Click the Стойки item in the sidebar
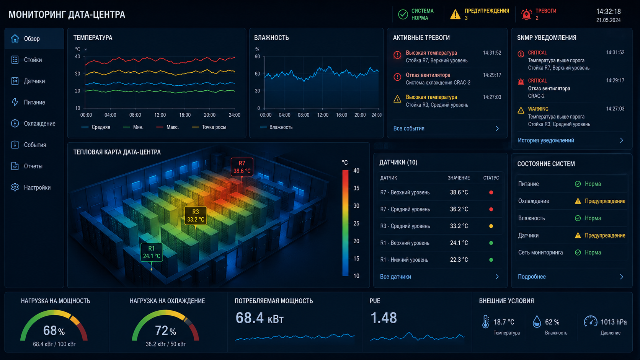33,60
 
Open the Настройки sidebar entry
37,187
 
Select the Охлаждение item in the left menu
39,124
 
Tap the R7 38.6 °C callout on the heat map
242,167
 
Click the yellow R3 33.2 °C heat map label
196,215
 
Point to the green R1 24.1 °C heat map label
152,252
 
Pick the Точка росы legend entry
209,127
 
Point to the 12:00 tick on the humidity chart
323,115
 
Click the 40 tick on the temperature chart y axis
77,57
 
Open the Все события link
409,129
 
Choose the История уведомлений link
546,140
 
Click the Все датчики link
395,277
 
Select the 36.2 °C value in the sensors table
459,209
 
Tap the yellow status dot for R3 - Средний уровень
491,226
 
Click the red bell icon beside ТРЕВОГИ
526,14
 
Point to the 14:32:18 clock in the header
608,12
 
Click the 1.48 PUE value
384,318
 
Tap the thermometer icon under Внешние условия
485,322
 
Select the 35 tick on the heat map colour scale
356,188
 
